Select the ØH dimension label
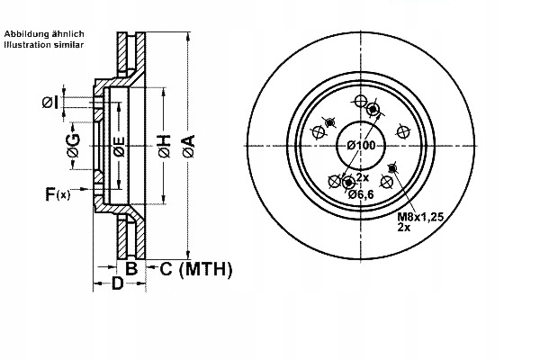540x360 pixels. point(164,144)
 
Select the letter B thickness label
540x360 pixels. point(130,267)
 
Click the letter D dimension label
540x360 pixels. point(117,284)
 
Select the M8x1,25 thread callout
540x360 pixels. point(420,216)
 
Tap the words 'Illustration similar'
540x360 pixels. point(45,43)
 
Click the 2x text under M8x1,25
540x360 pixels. point(404,229)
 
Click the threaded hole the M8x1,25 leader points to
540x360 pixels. point(391,168)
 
